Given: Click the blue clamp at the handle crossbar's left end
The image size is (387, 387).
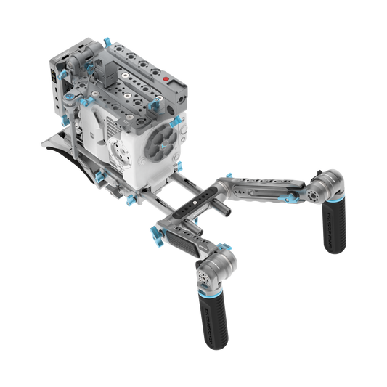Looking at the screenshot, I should coord(155,234).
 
